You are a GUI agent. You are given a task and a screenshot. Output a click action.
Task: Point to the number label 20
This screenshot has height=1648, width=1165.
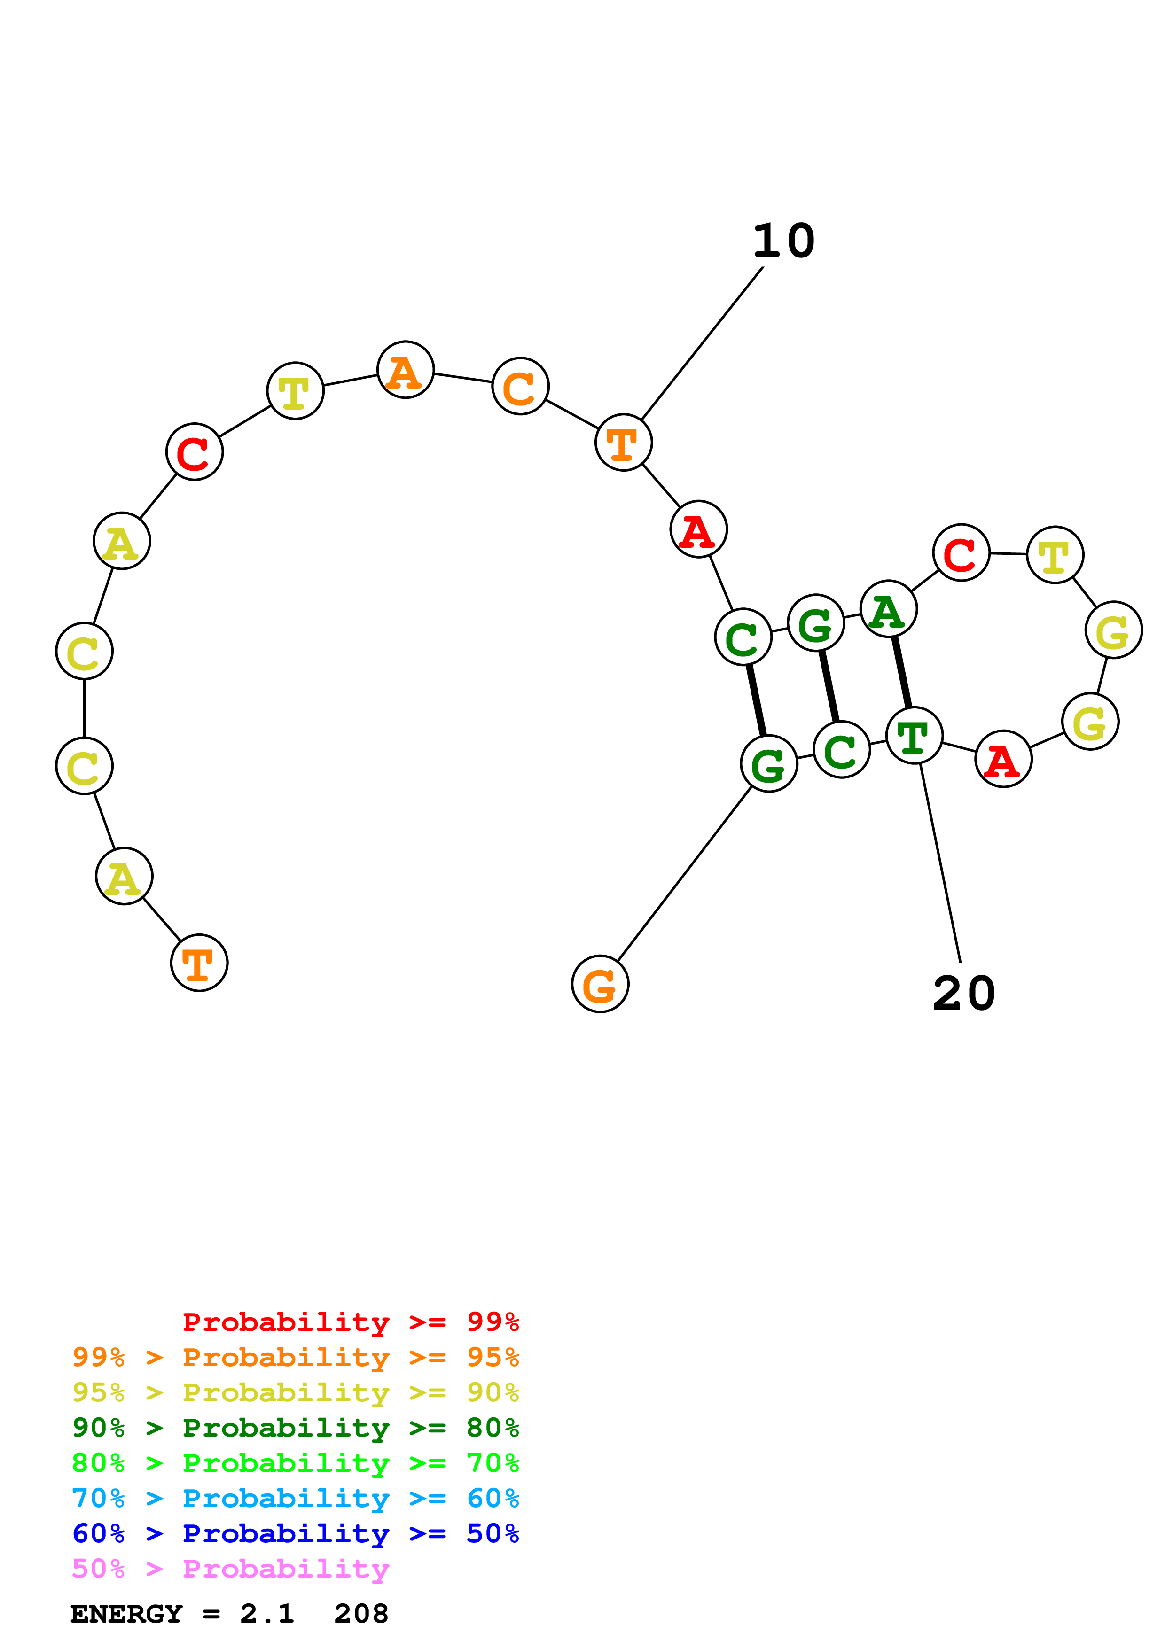click(963, 994)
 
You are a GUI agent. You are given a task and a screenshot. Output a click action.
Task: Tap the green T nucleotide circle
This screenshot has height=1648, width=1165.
click(914, 736)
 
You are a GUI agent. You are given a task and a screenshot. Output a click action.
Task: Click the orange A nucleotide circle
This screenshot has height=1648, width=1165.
click(406, 370)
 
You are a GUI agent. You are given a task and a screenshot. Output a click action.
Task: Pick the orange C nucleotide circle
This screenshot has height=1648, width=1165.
click(520, 386)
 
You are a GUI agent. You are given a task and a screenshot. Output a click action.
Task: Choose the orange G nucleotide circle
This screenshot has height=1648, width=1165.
click(600, 984)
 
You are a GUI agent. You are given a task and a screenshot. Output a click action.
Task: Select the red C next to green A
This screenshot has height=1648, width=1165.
click(961, 552)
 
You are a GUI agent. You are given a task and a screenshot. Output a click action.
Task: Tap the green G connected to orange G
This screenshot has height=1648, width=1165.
click(769, 764)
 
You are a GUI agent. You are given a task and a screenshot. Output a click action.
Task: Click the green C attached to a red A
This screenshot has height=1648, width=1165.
click(743, 637)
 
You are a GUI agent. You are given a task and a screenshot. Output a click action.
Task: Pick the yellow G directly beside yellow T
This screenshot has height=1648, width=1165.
click(1113, 630)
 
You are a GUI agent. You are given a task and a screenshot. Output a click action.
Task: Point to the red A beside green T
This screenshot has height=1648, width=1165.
click(1003, 759)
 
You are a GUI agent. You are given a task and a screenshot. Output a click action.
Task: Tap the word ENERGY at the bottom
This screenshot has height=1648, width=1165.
click(126, 1614)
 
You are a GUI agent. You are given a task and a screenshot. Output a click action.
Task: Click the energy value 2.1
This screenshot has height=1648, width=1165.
click(267, 1614)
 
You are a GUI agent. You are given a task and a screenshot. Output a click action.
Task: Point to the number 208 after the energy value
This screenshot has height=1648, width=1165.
click(361, 1614)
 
